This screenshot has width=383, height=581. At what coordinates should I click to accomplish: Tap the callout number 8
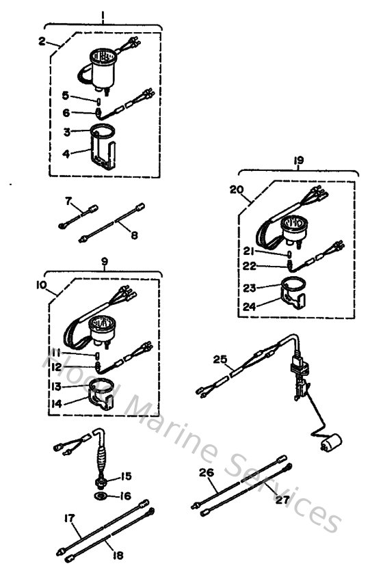[x=135, y=234]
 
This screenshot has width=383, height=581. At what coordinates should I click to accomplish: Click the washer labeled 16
[x=101, y=495]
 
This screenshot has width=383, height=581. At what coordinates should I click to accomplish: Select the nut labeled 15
[x=102, y=476]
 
